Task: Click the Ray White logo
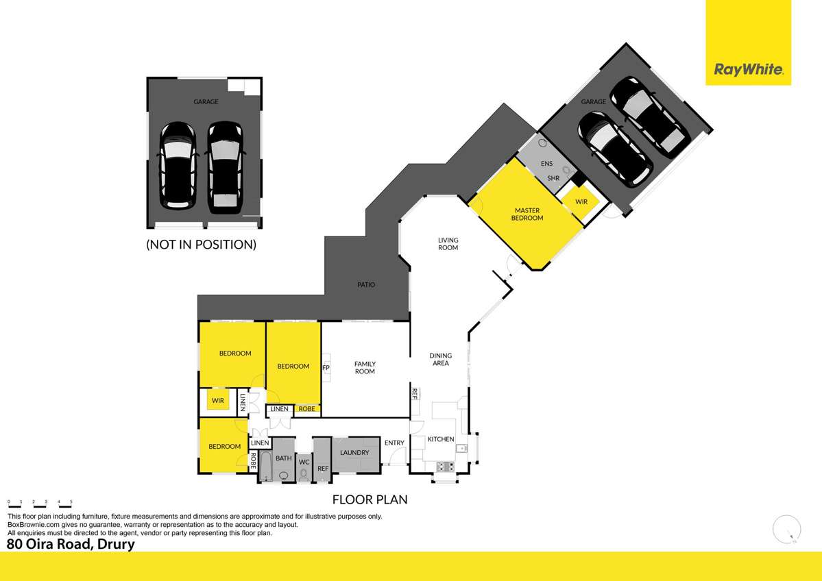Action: click(x=748, y=69)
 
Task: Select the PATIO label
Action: click(x=365, y=284)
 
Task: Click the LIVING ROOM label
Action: click(x=448, y=244)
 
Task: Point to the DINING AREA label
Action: click(x=440, y=359)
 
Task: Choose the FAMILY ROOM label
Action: click(x=364, y=367)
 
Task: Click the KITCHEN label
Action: click(x=441, y=439)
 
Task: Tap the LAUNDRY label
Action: click(x=355, y=452)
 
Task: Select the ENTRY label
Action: click(x=394, y=443)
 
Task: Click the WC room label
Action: click(x=304, y=462)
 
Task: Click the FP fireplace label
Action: click(x=326, y=367)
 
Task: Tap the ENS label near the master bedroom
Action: click(x=546, y=164)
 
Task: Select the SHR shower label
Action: click(x=554, y=178)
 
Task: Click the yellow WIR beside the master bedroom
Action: click(x=581, y=202)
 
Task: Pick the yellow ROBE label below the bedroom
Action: click(x=307, y=409)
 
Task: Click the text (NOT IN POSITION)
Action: click(x=201, y=244)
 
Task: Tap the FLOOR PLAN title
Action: click(x=370, y=499)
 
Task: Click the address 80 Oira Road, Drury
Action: click(x=71, y=545)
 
